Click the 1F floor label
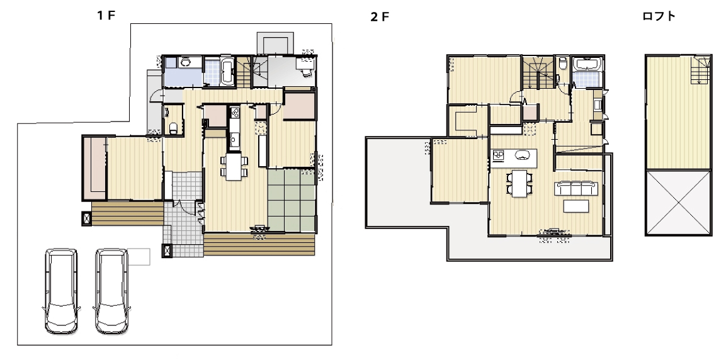point(106,15)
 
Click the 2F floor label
point(379,18)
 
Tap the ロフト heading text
point(659,16)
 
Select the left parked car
point(62,291)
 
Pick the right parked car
point(111,291)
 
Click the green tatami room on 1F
point(292,200)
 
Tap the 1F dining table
point(234,166)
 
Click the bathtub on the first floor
point(227,71)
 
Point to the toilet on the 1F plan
point(173,128)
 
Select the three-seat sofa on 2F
point(576,188)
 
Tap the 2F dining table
point(520,183)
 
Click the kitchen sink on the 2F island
point(522,155)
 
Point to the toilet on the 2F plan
point(562,63)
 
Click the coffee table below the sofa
point(576,205)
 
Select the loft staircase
point(701,70)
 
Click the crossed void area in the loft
point(678,202)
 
